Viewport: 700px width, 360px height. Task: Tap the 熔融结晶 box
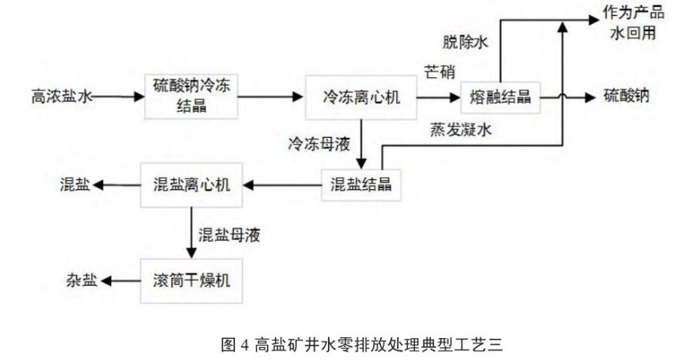tap(500, 97)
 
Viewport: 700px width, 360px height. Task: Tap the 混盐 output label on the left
tap(75, 184)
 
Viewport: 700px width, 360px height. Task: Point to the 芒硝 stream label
tap(438, 73)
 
